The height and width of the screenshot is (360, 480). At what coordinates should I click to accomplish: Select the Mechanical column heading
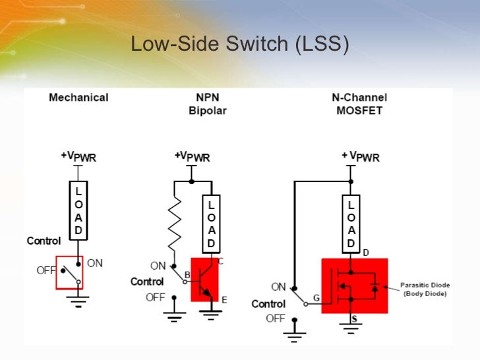(x=78, y=98)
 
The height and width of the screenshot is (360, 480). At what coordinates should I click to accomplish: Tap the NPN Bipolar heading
(x=207, y=104)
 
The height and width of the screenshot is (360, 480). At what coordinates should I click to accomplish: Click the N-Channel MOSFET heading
(x=359, y=104)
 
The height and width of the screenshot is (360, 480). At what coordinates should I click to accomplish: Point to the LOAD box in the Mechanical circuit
(x=78, y=210)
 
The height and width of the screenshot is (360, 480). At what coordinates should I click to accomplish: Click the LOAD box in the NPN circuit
(x=211, y=224)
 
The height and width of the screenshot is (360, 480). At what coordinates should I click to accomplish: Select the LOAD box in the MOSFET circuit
(x=351, y=224)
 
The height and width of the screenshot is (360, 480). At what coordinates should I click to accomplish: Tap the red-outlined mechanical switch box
(x=69, y=272)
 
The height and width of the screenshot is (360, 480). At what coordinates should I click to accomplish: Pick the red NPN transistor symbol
(x=208, y=279)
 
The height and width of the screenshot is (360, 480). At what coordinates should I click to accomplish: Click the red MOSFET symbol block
(x=354, y=285)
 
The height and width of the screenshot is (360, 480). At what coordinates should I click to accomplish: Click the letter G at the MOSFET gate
(x=316, y=298)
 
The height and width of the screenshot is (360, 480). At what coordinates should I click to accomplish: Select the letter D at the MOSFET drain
(x=366, y=253)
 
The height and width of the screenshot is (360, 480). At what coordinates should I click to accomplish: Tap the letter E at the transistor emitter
(x=224, y=300)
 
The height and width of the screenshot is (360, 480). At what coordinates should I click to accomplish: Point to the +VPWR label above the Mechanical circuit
(x=78, y=157)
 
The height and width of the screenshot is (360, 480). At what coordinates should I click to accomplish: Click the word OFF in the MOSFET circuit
(x=276, y=318)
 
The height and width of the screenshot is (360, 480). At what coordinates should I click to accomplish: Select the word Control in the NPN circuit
(x=147, y=282)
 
